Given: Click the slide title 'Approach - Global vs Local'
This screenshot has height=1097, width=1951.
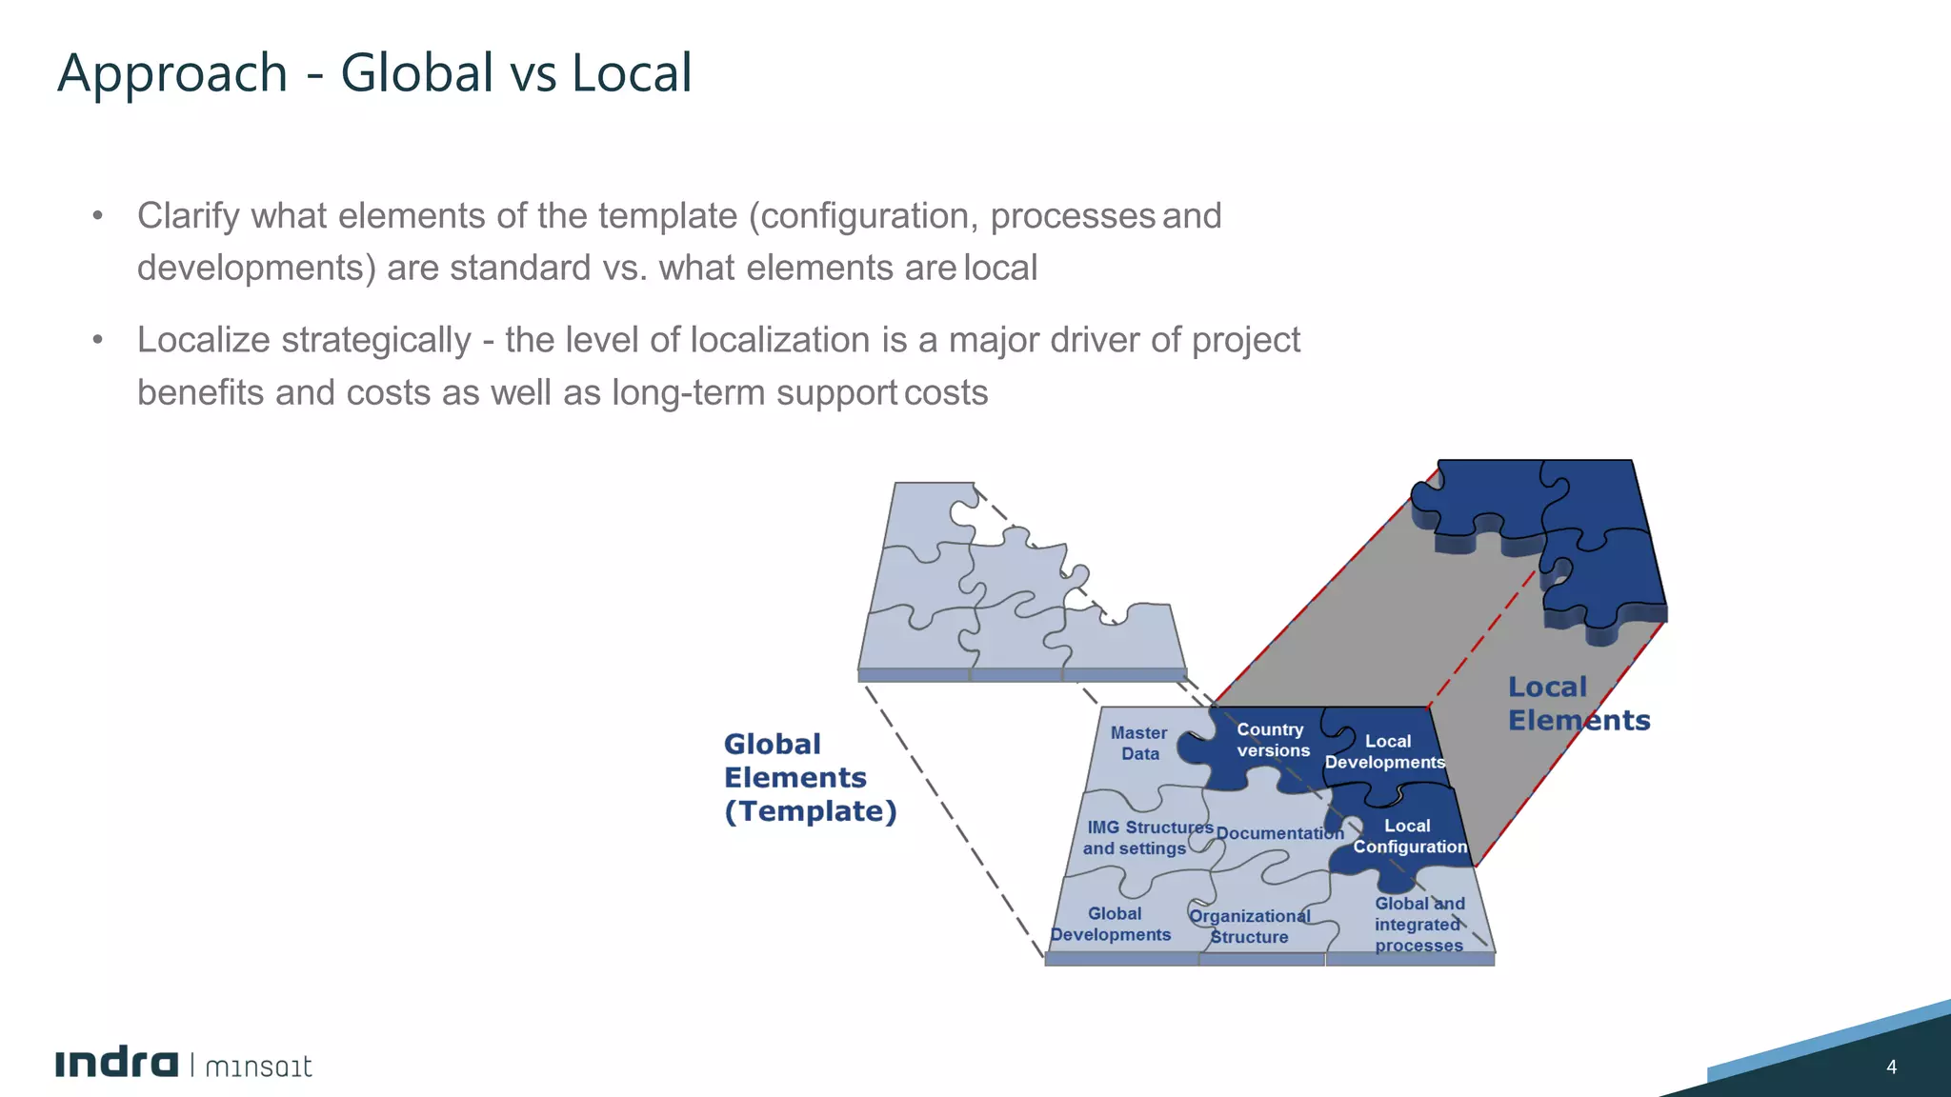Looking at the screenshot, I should click(374, 73).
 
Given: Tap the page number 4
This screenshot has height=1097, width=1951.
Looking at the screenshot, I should click(1891, 1067).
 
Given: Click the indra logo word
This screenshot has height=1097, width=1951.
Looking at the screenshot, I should click(116, 1064).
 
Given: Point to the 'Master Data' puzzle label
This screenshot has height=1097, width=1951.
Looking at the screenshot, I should click(1139, 743).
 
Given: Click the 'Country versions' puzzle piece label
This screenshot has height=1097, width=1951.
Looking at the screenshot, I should click(1272, 740).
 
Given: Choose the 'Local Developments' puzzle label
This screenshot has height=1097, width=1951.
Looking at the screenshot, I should click(1386, 751).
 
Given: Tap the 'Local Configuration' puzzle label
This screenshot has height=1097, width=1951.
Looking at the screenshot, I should click(1409, 836).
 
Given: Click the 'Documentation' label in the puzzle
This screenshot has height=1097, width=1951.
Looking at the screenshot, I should click(1279, 833).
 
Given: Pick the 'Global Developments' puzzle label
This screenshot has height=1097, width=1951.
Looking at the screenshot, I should click(1112, 924).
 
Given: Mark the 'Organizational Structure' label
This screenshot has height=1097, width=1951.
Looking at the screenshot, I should click(1250, 927).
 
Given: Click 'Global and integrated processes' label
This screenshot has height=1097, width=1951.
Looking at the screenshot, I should click(1418, 924).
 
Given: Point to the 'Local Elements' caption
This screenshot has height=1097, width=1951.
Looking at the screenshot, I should click(1579, 704).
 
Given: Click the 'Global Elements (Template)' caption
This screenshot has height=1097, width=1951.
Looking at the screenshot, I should click(810, 777).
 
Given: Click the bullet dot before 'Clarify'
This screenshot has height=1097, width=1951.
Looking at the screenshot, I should click(97, 216).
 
